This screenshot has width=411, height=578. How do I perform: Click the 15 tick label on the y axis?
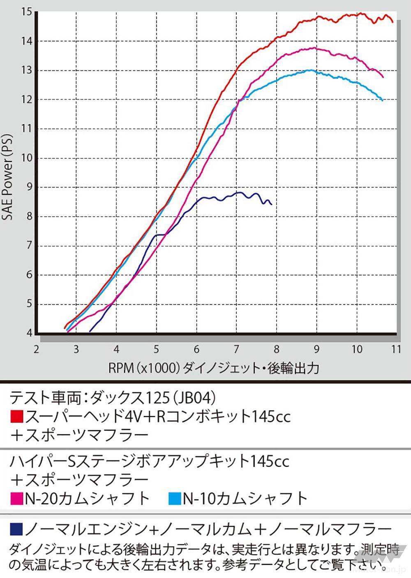pyautogui.click(x=27, y=12)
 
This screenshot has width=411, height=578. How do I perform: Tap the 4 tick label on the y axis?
pyautogui.click(x=29, y=333)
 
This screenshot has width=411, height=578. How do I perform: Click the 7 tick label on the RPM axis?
pyautogui.click(x=236, y=349)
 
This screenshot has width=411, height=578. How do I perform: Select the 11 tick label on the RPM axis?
pyautogui.click(x=396, y=349)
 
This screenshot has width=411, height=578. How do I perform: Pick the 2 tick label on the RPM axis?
pyautogui.click(x=37, y=349)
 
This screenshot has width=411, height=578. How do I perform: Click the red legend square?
pyautogui.click(x=16, y=417)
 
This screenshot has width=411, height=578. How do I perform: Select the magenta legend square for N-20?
pyautogui.click(x=16, y=499)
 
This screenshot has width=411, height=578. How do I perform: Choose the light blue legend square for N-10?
pyautogui.click(x=175, y=499)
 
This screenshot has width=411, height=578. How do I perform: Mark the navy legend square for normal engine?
pyautogui.click(x=16, y=528)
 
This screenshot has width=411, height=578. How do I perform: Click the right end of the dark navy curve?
pyautogui.click(x=271, y=204)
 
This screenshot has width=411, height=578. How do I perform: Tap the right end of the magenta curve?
pyautogui.click(x=383, y=77)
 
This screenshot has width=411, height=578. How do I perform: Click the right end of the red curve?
pyautogui.click(x=393, y=21)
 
